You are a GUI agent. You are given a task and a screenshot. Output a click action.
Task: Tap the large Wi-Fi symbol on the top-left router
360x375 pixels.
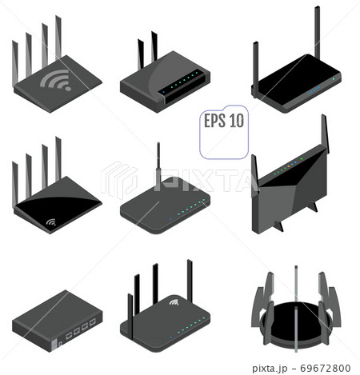(x=57, y=79)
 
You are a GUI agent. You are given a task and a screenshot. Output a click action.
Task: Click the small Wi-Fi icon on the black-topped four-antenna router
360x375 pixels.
(x=51, y=221)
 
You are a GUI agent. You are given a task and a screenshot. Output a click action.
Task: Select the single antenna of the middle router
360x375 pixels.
(x=158, y=166)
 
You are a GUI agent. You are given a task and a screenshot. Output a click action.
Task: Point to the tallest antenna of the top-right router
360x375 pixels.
(x=317, y=32)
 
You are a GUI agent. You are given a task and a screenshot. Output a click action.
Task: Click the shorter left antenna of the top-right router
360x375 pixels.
(x=255, y=70)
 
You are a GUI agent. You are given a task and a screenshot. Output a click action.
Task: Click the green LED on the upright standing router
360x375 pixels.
(x=302, y=159)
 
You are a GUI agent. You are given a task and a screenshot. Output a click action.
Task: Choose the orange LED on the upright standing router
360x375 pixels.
(x=288, y=166)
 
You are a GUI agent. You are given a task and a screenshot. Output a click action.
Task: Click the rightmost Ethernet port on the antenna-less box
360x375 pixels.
(x=93, y=322)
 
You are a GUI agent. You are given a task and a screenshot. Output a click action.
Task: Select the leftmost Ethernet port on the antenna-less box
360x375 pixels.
(x=69, y=335)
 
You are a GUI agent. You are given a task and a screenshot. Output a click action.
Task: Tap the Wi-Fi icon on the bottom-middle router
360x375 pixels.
(x=174, y=302)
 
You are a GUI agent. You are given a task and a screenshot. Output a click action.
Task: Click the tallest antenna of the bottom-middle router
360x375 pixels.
(x=190, y=281)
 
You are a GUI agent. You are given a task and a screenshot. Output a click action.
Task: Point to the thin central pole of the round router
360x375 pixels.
(x=296, y=309)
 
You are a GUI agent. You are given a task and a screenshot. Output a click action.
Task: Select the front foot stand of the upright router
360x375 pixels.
(x=278, y=226)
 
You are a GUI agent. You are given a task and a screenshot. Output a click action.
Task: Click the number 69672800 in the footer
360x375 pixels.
(x=326, y=368)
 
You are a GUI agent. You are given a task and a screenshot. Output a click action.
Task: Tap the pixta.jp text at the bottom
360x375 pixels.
(x=270, y=369)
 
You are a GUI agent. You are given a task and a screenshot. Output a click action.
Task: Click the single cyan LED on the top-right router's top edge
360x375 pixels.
(x=334, y=79)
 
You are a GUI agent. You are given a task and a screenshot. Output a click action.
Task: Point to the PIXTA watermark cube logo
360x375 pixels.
(x=119, y=180)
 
